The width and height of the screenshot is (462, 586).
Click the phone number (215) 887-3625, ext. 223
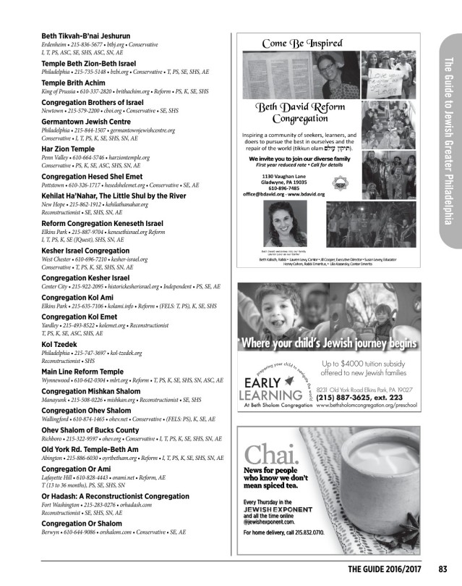361,398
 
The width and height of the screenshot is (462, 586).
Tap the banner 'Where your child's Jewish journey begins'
330,343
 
